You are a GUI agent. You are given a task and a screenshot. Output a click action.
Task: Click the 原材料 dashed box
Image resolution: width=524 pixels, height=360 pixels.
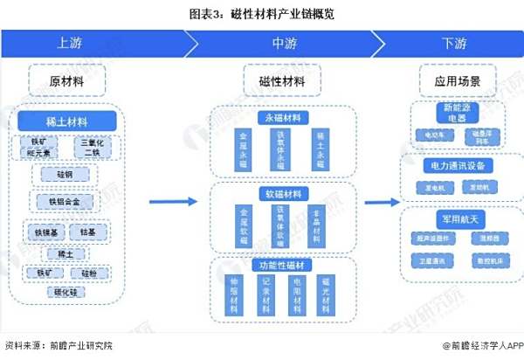(66, 81)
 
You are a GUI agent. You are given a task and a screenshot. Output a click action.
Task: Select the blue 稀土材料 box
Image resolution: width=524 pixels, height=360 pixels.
(66, 121)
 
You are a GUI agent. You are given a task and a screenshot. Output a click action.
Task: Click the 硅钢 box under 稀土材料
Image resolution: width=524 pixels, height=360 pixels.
(65, 174)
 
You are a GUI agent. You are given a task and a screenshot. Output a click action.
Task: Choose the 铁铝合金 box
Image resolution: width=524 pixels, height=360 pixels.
(65, 201)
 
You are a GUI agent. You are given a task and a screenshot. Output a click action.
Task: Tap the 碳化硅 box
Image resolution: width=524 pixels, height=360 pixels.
(65, 292)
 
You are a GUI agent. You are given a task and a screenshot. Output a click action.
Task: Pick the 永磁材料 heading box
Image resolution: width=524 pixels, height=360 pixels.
(282, 117)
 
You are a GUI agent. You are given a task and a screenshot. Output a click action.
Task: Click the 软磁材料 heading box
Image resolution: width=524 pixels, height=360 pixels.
(282, 193)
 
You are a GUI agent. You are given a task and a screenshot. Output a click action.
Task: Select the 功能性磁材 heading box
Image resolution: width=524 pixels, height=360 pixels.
(282, 264)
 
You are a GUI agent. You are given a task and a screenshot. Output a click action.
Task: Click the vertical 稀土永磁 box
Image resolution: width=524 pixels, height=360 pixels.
(321, 149)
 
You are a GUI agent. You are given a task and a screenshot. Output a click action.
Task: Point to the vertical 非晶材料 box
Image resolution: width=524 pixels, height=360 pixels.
(321, 225)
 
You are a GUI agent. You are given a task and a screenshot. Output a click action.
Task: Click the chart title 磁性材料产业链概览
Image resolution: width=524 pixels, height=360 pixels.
(261, 14)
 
